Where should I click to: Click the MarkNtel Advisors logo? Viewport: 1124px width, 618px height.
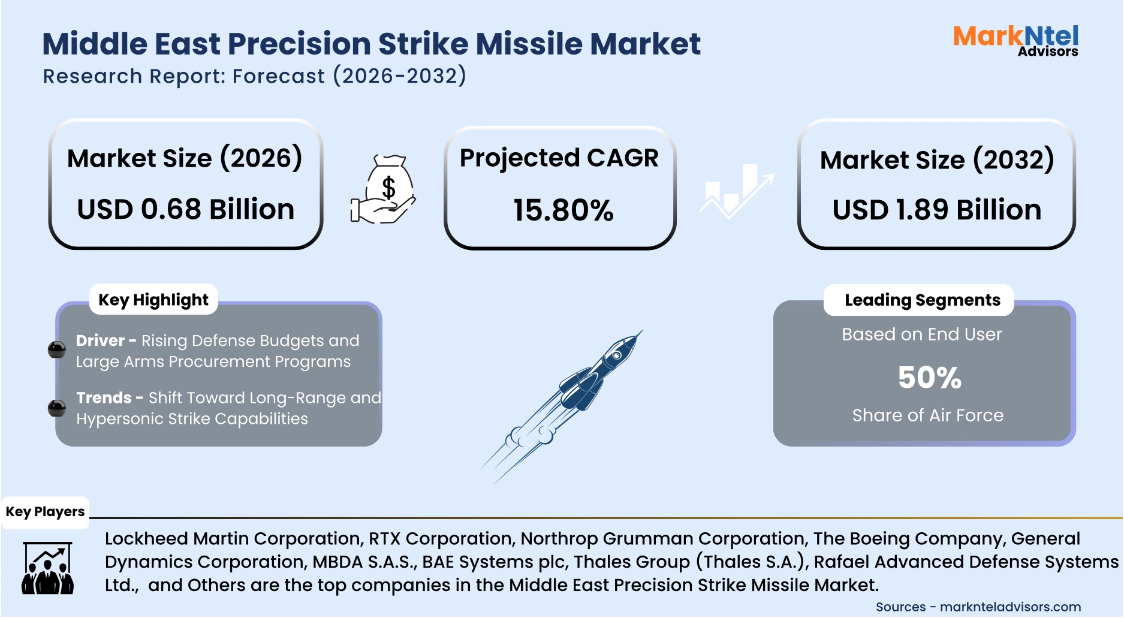pos(1015,41)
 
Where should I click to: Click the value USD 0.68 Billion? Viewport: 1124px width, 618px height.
pos(186,209)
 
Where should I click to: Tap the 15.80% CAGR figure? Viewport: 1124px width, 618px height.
pos(563,210)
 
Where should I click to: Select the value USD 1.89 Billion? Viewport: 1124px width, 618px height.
pos(936,210)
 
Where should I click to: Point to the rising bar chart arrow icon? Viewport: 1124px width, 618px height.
pos(737,191)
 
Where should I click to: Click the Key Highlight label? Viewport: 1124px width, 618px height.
pos(153,300)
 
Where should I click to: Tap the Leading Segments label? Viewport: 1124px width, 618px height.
pos(922,300)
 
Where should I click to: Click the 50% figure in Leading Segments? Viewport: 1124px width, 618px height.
pos(929,378)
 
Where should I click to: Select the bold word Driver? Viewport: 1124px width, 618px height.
pos(100,340)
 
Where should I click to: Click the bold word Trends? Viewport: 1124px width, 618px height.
pos(104,397)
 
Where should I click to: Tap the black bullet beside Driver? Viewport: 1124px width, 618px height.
pos(57,349)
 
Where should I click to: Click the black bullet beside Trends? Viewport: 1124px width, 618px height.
pos(57,408)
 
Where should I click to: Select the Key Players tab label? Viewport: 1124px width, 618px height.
pos(45,512)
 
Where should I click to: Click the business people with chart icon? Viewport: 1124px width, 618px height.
pos(47,568)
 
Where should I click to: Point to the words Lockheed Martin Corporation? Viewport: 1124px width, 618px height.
pos(234,538)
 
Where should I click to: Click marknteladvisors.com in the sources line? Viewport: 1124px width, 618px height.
pos(1010,607)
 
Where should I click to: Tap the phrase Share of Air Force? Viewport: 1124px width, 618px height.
pos(927,415)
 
